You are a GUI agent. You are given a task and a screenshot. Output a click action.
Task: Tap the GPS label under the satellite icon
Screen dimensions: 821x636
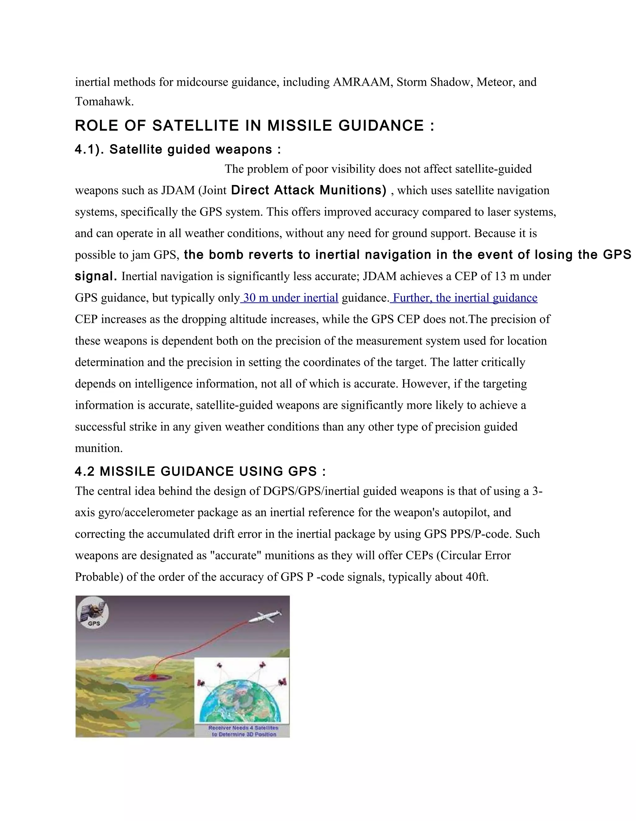click(93, 624)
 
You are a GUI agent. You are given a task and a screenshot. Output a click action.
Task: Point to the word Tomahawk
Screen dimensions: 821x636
click(104, 102)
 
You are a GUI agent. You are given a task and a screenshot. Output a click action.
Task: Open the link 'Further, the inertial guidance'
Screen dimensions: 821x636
click(465, 298)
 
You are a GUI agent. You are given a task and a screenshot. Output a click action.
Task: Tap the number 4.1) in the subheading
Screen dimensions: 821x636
click(89, 149)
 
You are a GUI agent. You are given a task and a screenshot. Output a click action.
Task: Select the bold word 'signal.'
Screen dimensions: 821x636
click(96, 276)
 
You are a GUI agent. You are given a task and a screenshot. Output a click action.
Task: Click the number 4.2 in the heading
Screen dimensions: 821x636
click(84, 471)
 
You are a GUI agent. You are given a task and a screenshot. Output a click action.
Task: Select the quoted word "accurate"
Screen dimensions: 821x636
click(236, 556)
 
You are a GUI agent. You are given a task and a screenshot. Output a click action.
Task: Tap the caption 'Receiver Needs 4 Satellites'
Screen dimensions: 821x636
click(243, 728)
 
